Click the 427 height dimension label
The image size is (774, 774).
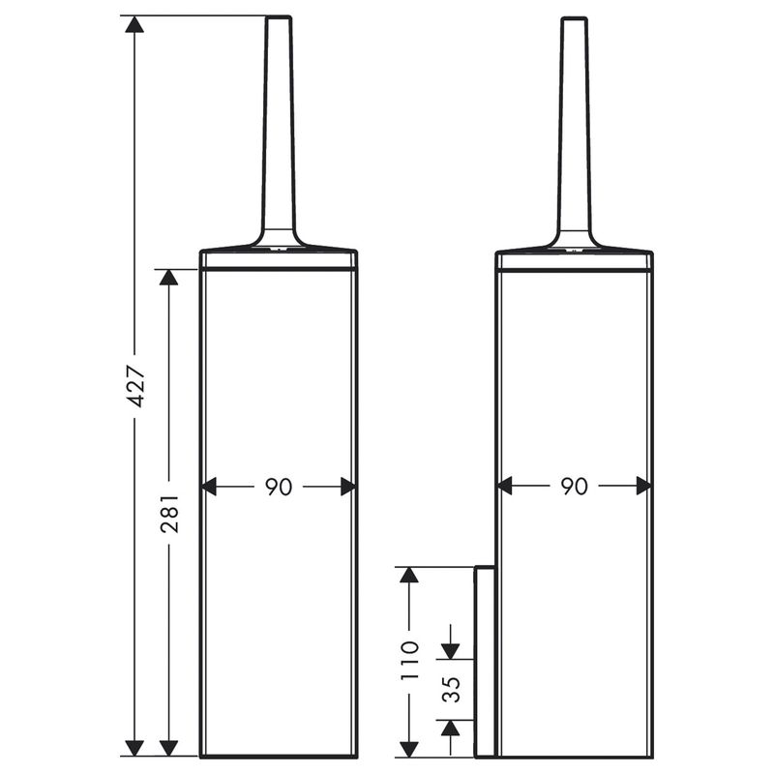(x=135, y=385)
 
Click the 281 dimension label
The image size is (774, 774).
(x=169, y=514)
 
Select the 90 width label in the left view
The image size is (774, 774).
(x=279, y=487)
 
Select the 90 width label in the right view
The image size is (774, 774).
(x=574, y=487)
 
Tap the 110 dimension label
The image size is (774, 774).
(x=409, y=661)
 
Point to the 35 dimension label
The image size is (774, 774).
(x=451, y=689)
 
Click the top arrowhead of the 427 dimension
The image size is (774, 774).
(x=134, y=24)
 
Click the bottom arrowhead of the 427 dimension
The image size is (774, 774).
(x=134, y=747)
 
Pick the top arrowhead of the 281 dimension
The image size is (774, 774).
(x=168, y=278)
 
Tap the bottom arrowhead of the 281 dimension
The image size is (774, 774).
(x=168, y=747)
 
